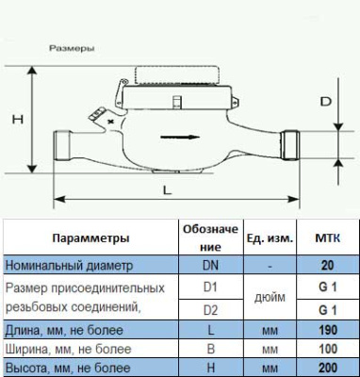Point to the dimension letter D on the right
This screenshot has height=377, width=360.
[x=324, y=99]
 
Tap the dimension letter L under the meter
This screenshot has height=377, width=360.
[x=167, y=188]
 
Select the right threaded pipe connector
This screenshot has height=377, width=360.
[x=293, y=143]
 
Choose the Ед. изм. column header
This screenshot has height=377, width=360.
[x=271, y=238]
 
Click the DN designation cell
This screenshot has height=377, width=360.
[x=211, y=266]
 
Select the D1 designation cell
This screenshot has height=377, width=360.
[x=211, y=287]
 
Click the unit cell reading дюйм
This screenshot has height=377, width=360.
[x=271, y=298]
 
